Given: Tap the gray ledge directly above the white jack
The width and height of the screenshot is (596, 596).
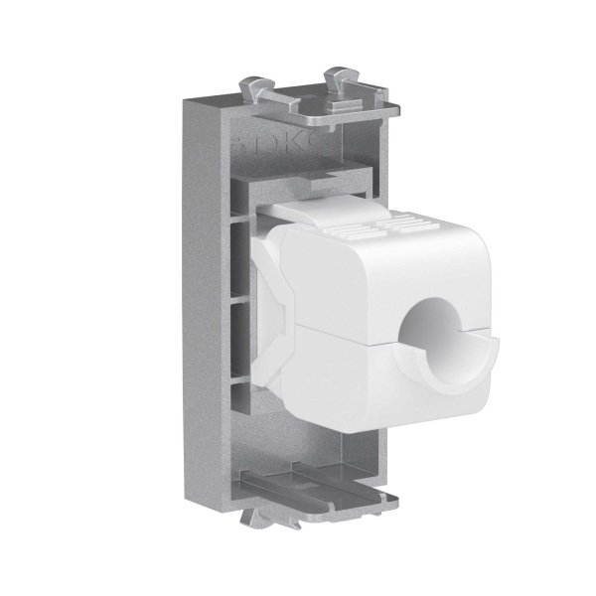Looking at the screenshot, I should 298,185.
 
